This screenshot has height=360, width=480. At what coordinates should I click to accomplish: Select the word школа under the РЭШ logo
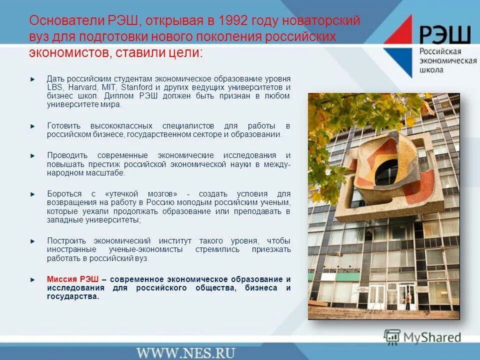431,70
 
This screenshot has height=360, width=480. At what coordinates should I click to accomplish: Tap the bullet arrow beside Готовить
33,125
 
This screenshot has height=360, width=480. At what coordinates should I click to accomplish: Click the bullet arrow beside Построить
33,240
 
